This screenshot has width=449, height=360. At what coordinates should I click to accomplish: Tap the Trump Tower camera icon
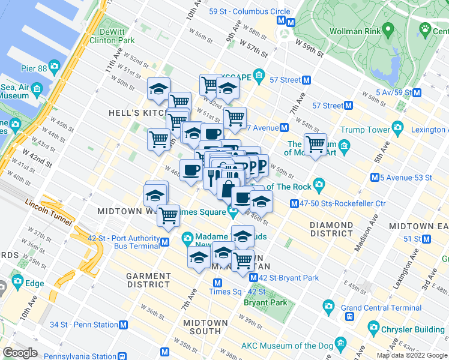tap(397, 127)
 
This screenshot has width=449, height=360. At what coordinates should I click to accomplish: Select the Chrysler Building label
tap(414, 329)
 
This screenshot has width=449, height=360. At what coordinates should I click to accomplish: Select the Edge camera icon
tap(16, 281)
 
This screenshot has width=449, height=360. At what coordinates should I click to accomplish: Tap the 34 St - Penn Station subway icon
tap(124, 325)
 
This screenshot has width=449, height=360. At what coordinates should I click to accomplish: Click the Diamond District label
tap(332, 229)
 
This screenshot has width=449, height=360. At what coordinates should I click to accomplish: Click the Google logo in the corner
tap(20, 353)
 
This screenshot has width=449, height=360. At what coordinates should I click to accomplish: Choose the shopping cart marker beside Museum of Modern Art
tap(315, 144)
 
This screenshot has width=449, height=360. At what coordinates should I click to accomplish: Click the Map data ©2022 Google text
tap(412, 355)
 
